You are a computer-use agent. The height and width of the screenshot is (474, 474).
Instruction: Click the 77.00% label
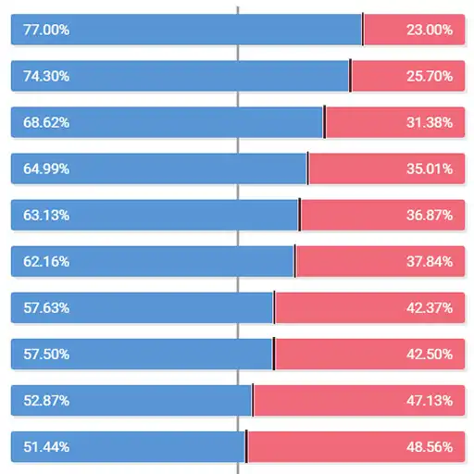(x=46, y=30)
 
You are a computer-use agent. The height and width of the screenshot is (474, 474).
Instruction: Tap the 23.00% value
(x=429, y=30)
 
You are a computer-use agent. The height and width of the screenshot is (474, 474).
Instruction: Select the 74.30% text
(x=46, y=76)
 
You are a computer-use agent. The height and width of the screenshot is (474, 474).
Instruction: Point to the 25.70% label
(x=429, y=76)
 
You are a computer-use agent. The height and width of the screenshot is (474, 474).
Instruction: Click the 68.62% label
(x=46, y=122)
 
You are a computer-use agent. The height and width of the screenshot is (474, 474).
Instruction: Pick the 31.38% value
(x=429, y=122)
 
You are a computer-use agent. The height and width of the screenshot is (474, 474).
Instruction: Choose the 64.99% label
(x=46, y=168)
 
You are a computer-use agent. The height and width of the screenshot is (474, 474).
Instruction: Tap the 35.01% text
(x=429, y=168)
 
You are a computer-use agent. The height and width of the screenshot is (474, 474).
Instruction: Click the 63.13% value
(x=46, y=215)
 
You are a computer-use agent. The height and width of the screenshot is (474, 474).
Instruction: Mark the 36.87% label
(x=429, y=215)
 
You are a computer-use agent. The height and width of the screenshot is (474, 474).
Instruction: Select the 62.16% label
(x=46, y=261)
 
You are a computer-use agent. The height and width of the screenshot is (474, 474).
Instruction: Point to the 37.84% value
(x=429, y=261)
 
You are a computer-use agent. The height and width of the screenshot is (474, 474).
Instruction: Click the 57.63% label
(x=46, y=307)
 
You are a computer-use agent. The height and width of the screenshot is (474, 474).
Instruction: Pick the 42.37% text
(x=429, y=307)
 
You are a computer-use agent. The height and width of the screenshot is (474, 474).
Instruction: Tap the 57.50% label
(x=46, y=354)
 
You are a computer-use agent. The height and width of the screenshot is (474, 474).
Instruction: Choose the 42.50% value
(x=429, y=354)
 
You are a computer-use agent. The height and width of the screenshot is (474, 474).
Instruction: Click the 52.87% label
(x=46, y=400)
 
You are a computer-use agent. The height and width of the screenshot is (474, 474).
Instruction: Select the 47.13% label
(x=429, y=400)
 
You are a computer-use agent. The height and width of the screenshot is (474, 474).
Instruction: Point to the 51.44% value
(x=46, y=446)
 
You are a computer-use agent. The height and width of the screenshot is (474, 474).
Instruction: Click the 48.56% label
(x=429, y=446)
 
